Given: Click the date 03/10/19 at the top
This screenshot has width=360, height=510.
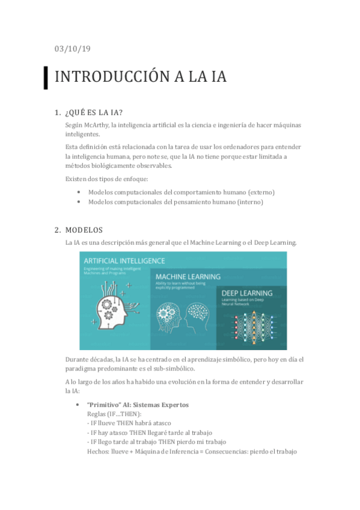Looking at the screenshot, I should pyautogui.click(x=72, y=49).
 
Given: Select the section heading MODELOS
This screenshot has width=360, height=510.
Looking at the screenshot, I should pyautogui.click(x=84, y=230).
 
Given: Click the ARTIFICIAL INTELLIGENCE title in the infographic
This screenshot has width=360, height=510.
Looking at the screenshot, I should pyautogui.click(x=125, y=261).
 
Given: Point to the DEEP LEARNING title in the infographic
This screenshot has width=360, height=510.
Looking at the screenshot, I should pyautogui.click(x=246, y=293).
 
